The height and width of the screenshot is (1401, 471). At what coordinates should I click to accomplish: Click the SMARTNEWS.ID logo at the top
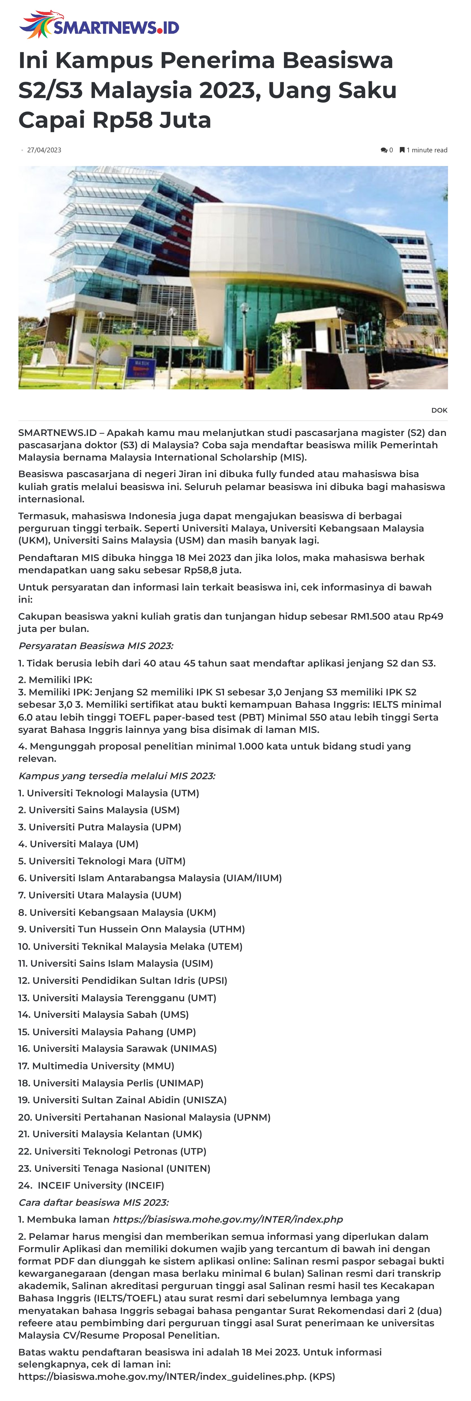pos(99,25)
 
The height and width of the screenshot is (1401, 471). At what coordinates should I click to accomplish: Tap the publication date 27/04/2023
pos(44,150)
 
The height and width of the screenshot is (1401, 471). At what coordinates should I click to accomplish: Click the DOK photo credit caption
pos(439,410)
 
